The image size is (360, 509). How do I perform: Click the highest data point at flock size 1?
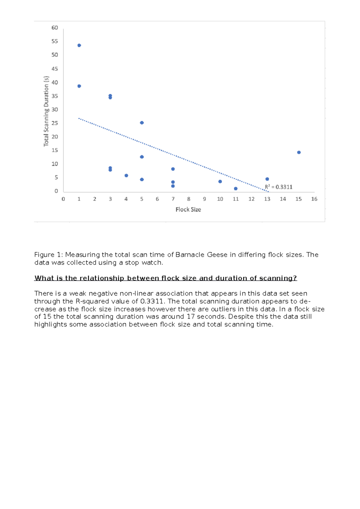[x=79, y=46]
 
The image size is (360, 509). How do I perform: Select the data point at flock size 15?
[x=299, y=153]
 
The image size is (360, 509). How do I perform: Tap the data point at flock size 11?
[x=236, y=189]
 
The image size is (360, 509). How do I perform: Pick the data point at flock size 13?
[x=267, y=179]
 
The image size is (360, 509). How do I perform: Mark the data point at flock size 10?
[x=220, y=182]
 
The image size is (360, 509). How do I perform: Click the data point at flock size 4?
[x=126, y=176]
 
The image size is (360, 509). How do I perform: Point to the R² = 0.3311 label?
[x=279, y=187]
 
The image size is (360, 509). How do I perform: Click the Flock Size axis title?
[x=188, y=210]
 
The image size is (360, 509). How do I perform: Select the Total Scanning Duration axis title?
[x=46, y=111]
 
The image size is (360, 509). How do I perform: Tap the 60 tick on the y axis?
[x=55, y=28]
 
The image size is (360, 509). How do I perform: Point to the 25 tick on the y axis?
[x=55, y=123]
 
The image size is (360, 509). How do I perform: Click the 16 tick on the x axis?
[x=314, y=199]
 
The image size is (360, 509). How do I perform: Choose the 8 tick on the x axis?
[x=189, y=199]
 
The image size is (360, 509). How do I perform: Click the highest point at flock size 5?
[x=142, y=123]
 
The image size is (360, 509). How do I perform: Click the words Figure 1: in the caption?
[x=49, y=255]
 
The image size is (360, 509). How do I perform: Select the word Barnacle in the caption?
[x=189, y=255]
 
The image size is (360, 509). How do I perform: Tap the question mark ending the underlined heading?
[x=295, y=278]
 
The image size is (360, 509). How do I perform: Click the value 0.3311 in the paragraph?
[x=152, y=301]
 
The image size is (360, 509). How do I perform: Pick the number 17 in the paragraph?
[x=191, y=317]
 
